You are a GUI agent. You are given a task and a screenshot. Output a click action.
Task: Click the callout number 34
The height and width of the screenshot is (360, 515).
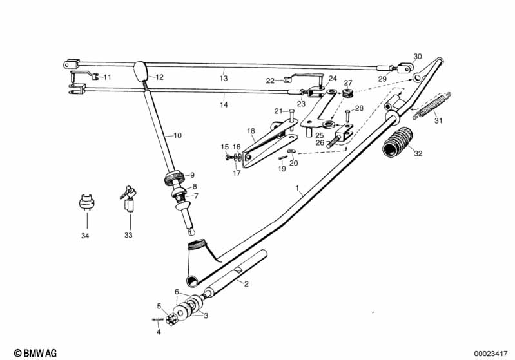click(x=86, y=236)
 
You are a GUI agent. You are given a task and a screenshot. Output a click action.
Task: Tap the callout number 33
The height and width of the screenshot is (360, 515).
click(x=128, y=236)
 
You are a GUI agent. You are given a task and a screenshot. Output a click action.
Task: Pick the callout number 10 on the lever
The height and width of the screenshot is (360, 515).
click(x=178, y=136)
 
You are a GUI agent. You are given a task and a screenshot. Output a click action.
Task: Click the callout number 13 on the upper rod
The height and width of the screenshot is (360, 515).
click(x=224, y=78)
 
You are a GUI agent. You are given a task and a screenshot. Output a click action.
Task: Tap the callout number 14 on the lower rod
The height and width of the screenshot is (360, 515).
click(x=224, y=104)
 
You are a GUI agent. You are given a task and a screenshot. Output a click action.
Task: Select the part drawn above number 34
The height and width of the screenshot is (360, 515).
click(x=86, y=201)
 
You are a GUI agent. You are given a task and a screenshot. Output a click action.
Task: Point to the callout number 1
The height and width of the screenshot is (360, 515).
click(x=298, y=190)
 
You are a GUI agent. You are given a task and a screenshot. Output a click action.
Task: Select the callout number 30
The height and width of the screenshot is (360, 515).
click(x=417, y=56)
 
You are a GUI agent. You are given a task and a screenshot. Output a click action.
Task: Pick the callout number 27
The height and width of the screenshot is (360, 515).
click(x=348, y=82)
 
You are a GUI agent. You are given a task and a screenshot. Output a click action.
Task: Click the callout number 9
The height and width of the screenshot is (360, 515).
click(x=191, y=175)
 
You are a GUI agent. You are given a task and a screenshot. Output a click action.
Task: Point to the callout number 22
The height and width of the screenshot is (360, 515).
click(x=270, y=81)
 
